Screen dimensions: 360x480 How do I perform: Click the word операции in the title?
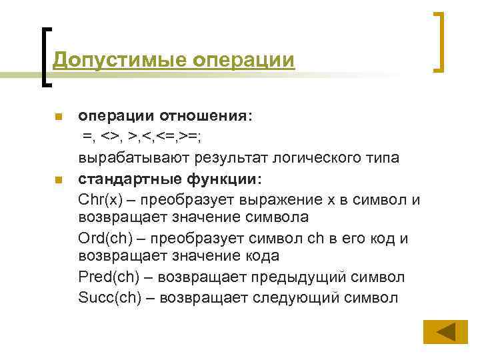coord(243,60)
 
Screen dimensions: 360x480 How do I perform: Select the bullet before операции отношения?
coord(58,118)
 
